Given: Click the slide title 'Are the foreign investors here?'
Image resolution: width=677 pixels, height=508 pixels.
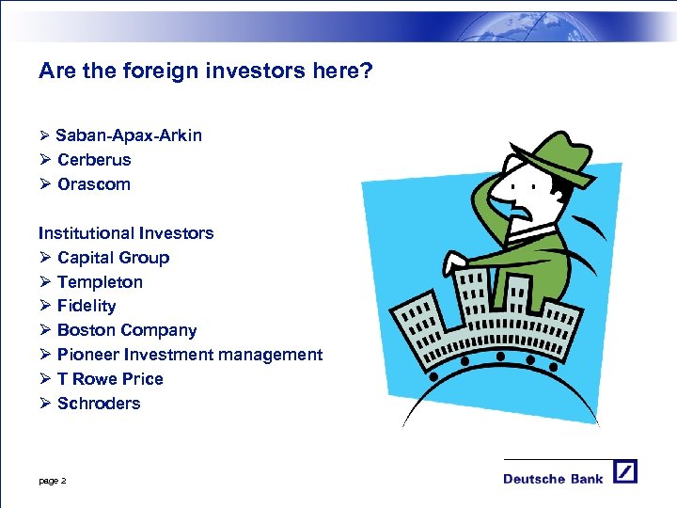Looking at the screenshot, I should [x=206, y=71].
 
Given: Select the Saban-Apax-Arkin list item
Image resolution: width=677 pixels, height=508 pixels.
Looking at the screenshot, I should [x=128, y=135].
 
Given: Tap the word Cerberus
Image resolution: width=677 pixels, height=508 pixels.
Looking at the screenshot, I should [x=94, y=160].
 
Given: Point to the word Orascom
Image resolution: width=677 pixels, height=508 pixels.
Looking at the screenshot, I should [x=94, y=184].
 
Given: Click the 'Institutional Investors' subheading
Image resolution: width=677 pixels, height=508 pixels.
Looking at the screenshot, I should [x=126, y=233].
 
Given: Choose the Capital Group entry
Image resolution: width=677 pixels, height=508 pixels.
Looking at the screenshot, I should [x=113, y=258].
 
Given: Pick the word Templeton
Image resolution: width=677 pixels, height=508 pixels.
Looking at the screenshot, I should [x=100, y=282].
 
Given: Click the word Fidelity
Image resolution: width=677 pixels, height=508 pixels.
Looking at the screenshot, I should [x=87, y=306].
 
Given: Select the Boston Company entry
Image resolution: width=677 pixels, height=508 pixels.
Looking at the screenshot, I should [x=127, y=330].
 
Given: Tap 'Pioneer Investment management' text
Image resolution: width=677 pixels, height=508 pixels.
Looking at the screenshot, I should [x=190, y=355].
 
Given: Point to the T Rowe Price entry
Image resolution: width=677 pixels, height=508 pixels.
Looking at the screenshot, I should [x=110, y=379].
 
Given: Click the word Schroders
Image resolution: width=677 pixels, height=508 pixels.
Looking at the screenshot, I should [x=99, y=404].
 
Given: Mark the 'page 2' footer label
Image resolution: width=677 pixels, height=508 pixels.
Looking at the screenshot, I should [x=52, y=481].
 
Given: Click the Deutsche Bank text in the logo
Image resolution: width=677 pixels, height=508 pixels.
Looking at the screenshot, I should [x=553, y=479].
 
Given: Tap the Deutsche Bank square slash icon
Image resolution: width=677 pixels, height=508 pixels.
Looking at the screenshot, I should [x=625, y=471].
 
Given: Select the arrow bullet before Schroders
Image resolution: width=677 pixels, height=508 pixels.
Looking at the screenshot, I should [x=44, y=404].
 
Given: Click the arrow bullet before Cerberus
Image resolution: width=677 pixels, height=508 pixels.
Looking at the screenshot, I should [x=44, y=160].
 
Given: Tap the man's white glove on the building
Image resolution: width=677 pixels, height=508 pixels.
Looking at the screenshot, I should [x=456, y=262].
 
